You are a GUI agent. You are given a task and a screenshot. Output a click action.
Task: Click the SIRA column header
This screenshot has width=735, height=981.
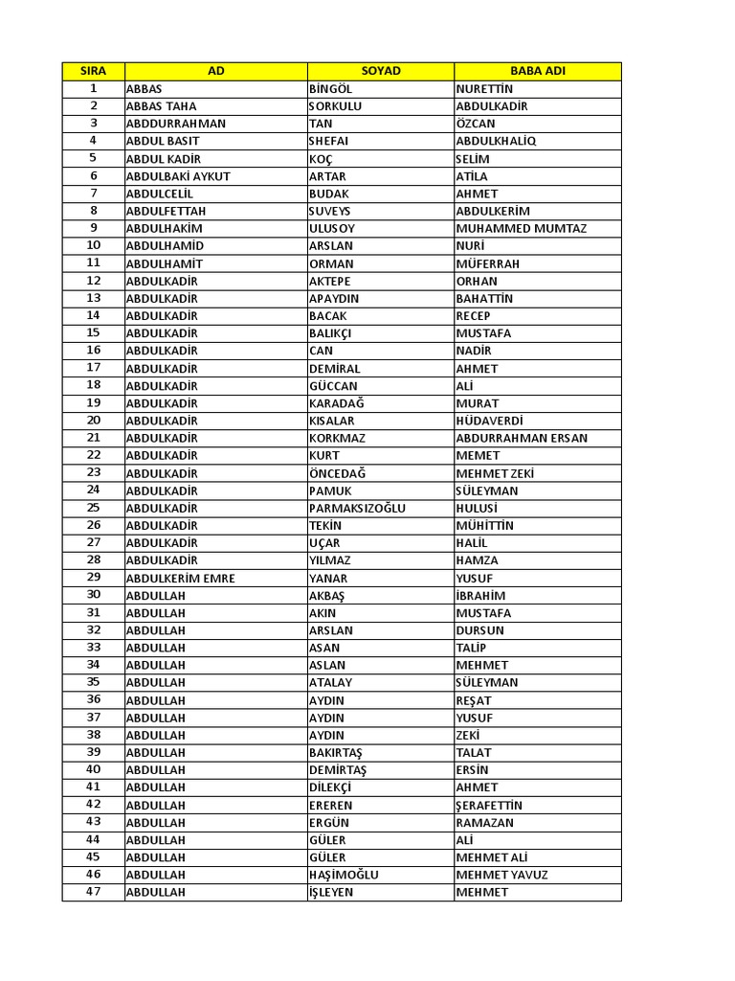tap(93, 71)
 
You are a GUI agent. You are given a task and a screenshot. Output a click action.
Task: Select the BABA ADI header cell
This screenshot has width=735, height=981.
tap(537, 71)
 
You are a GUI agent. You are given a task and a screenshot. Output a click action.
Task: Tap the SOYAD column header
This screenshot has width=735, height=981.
tap(381, 71)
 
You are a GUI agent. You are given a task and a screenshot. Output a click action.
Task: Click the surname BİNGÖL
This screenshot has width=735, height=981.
tap(331, 89)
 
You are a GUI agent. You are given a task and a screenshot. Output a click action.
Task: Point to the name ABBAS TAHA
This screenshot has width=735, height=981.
tap(162, 106)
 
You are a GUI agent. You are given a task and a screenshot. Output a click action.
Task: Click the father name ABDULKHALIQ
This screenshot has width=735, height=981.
tap(497, 141)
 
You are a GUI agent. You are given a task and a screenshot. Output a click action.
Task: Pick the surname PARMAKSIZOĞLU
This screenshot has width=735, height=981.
tap(357, 508)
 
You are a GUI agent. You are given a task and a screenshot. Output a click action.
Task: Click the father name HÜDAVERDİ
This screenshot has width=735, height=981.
tap(490, 421)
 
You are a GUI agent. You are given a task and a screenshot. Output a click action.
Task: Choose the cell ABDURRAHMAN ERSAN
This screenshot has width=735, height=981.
tap(522, 438)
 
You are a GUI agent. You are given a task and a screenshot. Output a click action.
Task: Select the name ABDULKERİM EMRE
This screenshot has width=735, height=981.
tap(181, 578)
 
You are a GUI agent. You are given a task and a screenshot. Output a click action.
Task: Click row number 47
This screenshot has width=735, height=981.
tap(93, 892)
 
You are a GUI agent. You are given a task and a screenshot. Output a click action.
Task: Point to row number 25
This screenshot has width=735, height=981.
tap(93, 508)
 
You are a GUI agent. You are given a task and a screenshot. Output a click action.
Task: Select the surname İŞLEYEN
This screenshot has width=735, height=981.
tap(330, 892)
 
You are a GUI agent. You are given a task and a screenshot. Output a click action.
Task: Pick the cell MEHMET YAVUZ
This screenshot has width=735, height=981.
tap(502, 875)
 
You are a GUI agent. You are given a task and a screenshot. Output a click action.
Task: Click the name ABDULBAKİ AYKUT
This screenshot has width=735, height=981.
tap(178, 176)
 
